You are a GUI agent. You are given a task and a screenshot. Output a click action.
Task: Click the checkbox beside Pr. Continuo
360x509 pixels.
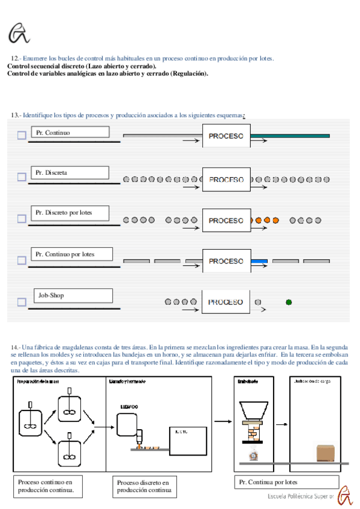click(x=22, y=135)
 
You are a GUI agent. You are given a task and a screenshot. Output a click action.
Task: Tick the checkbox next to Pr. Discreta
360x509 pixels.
click(x=22, y=176)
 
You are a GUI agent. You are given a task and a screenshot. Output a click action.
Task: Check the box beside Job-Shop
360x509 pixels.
click(x=22, y=302)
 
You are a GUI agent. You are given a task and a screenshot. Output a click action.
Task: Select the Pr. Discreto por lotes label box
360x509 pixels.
click(x=70, y=212)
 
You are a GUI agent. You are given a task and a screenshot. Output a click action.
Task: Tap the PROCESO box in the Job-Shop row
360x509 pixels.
click(x=226, y=302)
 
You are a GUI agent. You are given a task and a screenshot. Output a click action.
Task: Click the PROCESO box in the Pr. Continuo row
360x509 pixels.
click(x=226, y=136)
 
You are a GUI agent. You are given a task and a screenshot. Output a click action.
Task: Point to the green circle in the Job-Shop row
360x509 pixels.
click(x=289, y=302)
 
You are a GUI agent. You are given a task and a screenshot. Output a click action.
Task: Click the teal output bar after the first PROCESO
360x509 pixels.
click(x=290, y=136)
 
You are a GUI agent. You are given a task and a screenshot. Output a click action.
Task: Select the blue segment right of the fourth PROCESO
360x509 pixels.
click(x=259, y=261)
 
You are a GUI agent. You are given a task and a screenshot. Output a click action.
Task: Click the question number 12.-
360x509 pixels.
click(x=16, y=58)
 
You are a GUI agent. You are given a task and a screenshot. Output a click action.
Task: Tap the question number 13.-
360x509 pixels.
click(x=16, y=115)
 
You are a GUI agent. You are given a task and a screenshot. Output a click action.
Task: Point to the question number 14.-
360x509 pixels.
click(x=16, y=348)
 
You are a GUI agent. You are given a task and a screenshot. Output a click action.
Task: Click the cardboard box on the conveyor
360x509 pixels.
click(x=325, y=453)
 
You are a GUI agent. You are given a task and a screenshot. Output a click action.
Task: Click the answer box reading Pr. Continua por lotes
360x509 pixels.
click(x=286, y=483)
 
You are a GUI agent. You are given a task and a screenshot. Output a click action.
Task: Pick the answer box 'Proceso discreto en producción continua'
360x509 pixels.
click(x=143, y=487)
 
